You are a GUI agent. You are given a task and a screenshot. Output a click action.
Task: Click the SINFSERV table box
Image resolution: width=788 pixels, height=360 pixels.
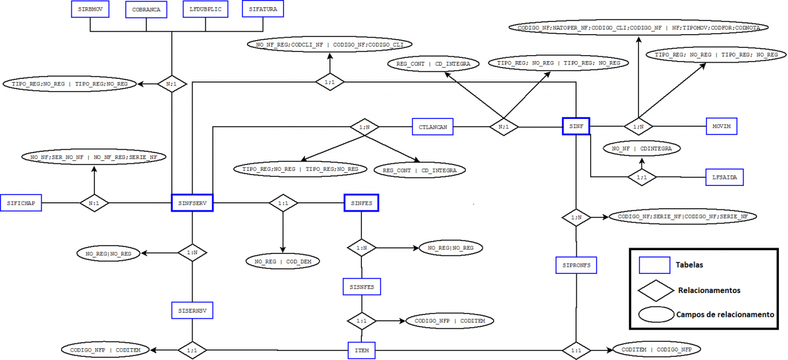click(x=192, y=204)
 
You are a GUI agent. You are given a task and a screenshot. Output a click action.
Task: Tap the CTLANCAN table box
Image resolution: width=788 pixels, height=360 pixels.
click(x=433, y=126)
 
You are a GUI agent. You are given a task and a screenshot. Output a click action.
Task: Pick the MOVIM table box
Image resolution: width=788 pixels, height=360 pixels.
click(x=724, y=125)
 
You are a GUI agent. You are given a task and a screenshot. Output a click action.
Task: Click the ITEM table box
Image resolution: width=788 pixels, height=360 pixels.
click(x=361, y=351)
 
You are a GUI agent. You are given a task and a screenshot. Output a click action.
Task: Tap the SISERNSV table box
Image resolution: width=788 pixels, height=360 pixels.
click(x=192, y=309)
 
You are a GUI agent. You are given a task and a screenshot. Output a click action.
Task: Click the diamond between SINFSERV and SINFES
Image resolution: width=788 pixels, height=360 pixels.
click(x=283, y=204)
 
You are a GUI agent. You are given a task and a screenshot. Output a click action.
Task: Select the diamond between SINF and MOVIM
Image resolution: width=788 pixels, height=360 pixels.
click(x=636, y=126)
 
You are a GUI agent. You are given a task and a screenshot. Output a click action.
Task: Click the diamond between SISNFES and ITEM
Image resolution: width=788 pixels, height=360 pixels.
click(x=361, y=321)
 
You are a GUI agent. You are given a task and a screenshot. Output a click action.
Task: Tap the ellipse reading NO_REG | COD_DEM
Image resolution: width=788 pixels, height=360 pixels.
click(x=283, y=261)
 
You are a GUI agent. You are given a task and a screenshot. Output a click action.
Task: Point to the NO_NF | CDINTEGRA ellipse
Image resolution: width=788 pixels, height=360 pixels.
click(x=642, y=149)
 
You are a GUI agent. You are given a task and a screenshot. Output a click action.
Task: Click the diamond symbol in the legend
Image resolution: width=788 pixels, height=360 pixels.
click(x=657, y=290)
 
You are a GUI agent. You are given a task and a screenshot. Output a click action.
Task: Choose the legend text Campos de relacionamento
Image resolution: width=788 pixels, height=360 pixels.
click(x=725, y=315)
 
